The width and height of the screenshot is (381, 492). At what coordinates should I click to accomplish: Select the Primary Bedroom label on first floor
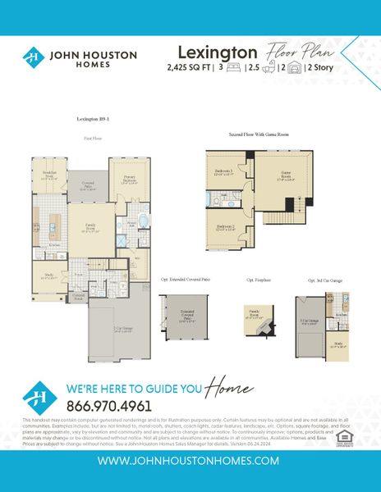130,180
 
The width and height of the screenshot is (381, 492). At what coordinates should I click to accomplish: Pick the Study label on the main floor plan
48,276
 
